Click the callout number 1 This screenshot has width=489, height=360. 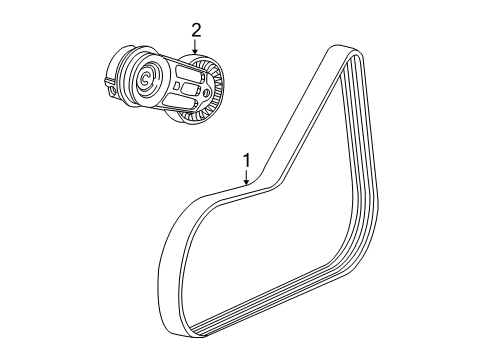point(244,159)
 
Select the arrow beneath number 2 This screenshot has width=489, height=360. point(194,50)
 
